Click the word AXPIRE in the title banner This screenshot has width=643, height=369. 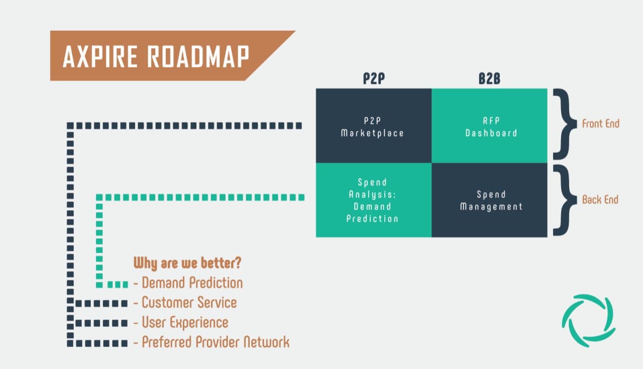pos(100,56)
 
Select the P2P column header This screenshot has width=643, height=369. pos(374,79)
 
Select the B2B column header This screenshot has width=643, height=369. pos(489,79)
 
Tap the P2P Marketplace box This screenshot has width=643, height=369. pos(373,126)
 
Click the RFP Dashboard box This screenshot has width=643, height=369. pos(489,126)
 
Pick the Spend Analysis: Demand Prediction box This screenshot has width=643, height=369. pos(373,200)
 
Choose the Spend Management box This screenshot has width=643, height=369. pos(489,200)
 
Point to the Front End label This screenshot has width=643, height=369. pos(600,123)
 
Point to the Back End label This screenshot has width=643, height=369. pos(600,200)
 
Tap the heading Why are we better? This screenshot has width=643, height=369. pos(187,263)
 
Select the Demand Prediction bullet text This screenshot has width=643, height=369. pos(192,283)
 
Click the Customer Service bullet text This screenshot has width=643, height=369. pos(189,303)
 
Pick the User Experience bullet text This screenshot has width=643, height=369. pos(185,322)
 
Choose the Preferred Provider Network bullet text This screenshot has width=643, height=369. pos(216,342)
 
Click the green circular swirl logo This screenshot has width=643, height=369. pos(588,321)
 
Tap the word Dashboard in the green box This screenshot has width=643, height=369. pos(491,133)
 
